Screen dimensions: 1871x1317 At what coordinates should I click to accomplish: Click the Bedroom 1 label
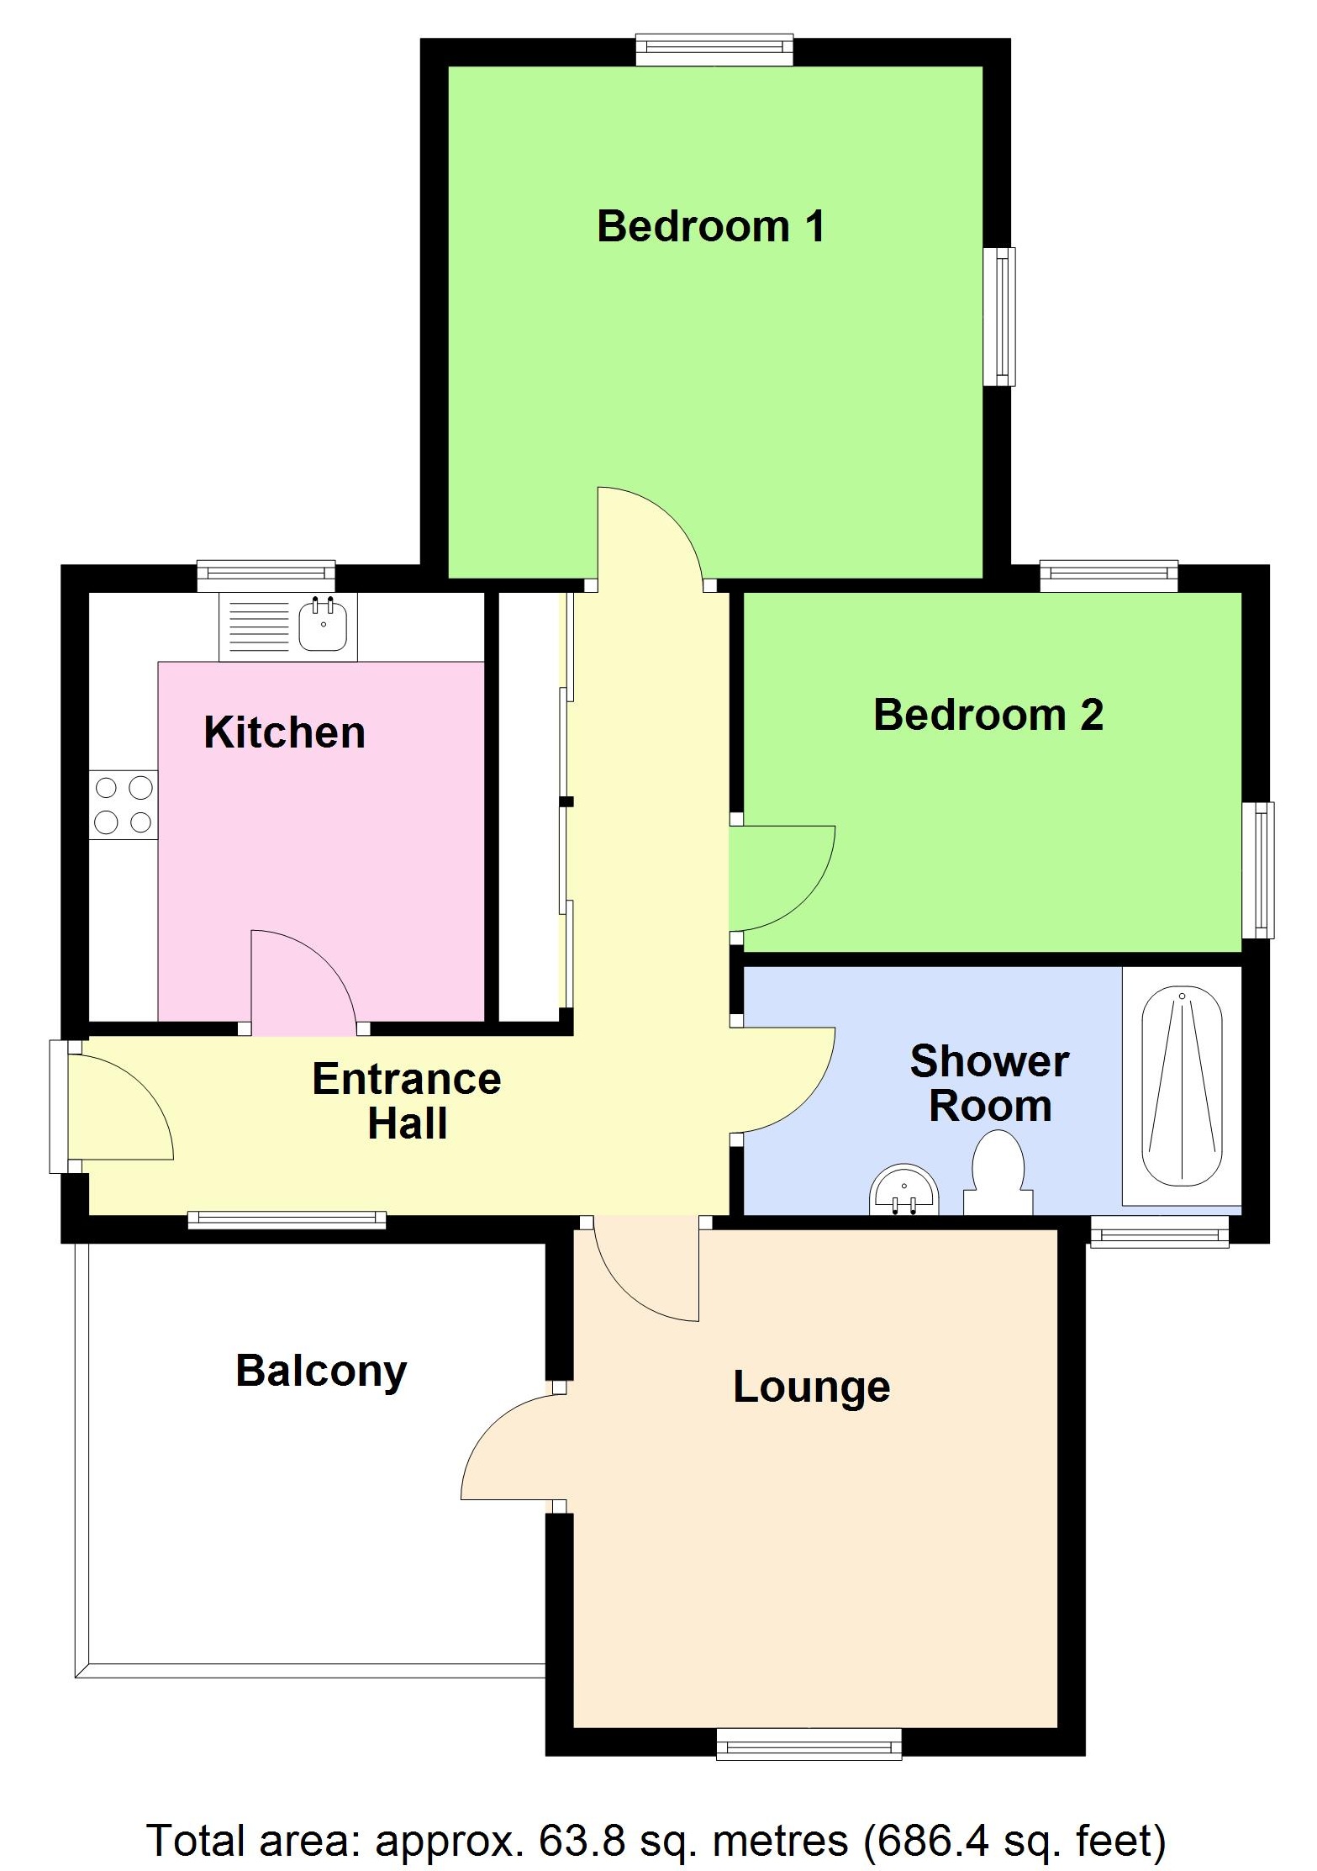(x=710, y=226)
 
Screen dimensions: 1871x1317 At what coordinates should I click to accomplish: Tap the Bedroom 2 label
(x=988, y=715)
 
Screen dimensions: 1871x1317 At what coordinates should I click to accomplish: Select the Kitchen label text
(x=284, y=732)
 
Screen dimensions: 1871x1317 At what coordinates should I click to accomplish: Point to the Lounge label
(x=811, y=1387)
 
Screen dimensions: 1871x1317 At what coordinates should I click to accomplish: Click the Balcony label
(x=321, y=1372)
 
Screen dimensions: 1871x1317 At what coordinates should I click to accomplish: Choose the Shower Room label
(x=989, y=1084)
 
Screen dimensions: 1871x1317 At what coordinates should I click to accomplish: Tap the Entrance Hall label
(x=407, y=1101)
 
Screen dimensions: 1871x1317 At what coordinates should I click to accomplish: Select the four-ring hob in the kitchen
(x=124, y=805)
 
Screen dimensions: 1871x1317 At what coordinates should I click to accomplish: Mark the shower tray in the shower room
(x=1182, y=1086)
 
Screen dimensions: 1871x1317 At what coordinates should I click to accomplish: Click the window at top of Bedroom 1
(x=714, y=49)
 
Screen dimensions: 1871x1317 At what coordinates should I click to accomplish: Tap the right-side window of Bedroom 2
(x=1257, y=869)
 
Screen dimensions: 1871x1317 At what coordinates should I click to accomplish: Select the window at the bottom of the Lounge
(x=809, y=1743)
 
